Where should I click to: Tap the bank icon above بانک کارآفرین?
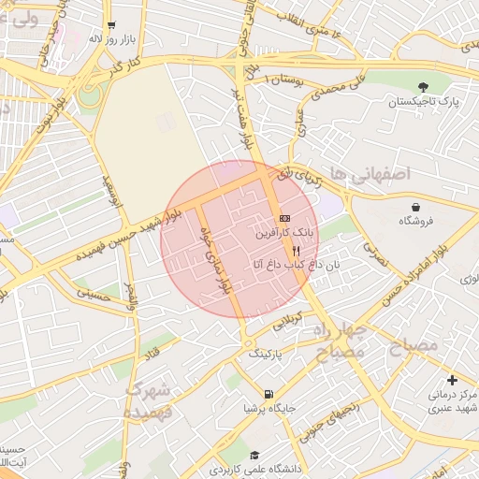point(284,217)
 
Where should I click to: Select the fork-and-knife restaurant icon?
point(297,251)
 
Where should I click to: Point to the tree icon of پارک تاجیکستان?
point(425,85)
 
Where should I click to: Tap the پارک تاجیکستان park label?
point(425,100)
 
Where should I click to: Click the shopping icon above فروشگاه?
point(415,207)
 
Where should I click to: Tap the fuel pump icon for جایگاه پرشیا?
point(269,394)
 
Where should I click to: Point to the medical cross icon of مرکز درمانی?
point(453,380)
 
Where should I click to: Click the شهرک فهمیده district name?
point(151,399)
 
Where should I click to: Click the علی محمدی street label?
point(330,89)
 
